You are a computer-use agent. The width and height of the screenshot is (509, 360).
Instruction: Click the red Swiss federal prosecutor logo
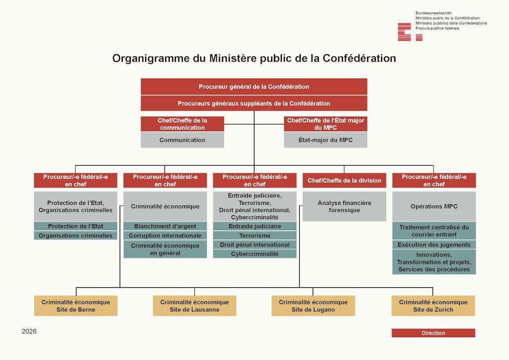click(410, 32)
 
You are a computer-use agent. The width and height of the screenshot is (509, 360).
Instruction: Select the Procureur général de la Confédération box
click(254, 87)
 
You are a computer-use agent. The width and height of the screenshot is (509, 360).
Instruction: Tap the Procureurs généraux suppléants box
click(254, 103)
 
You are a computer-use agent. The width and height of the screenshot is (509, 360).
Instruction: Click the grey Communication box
click(182, 140)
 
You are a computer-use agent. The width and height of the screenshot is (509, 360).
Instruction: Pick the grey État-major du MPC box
click(326, 140)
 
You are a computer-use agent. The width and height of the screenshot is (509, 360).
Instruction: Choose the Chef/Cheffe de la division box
click(344, 180)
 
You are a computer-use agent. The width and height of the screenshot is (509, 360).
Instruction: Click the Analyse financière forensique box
click(344, 206)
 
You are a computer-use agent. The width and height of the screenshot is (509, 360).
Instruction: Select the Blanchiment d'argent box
click(165, 226)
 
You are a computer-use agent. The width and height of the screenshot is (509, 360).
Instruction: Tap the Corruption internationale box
click(165, 236)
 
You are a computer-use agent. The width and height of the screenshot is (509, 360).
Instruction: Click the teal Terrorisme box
click(254, 236)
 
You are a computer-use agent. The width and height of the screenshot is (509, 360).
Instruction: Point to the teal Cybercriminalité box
click(254, 254)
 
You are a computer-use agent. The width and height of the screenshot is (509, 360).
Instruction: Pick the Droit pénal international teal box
click(254, 245)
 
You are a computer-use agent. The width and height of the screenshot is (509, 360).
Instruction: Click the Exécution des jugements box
click(434, 245)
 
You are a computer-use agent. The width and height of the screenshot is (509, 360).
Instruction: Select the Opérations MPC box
click(434, 206)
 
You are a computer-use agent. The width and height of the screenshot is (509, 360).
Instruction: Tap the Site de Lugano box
click(313, 306)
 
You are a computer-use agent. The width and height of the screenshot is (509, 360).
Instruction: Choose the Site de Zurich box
click(433, 306)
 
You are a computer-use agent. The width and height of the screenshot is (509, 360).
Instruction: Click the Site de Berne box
click(76, 306)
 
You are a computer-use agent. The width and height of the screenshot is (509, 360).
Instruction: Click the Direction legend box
click(433, 333)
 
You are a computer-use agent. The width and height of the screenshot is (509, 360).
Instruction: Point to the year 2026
click(29, 332)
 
